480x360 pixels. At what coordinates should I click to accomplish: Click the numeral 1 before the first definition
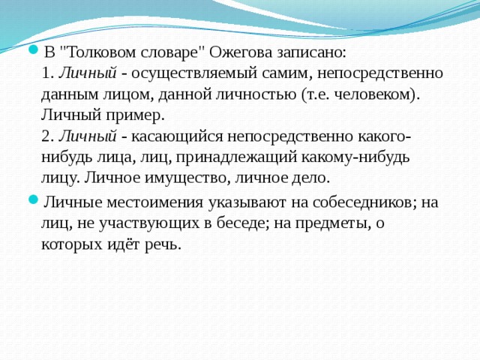pyautogui.click(x=46, y=73)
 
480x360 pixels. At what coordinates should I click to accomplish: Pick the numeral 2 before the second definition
pyautogui.click(x=46, y=136)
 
